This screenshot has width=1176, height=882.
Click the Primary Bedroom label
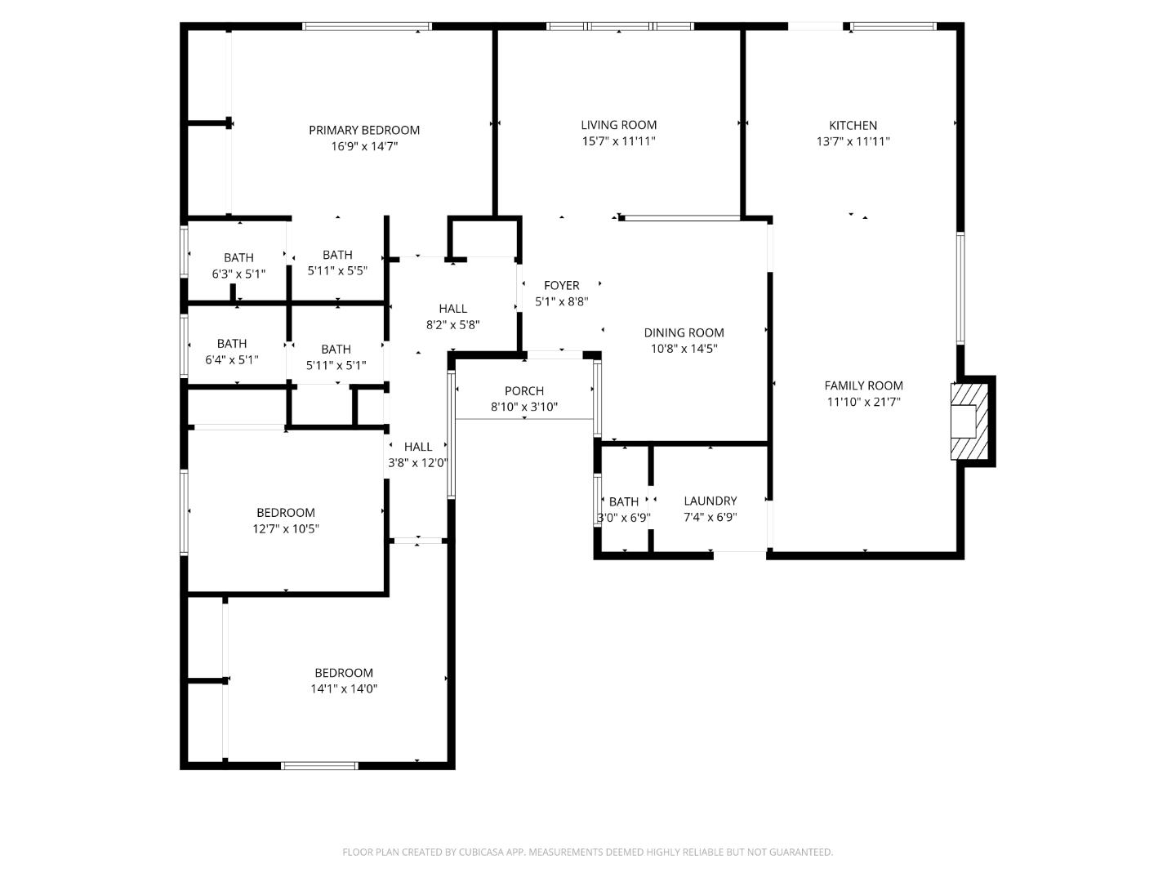pyautogui.click(x=364, y=130)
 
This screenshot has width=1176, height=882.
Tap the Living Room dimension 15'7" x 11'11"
pyautogui.click(x=618, y=141)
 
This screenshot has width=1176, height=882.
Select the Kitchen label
pyautogui.click(x=853, y=125)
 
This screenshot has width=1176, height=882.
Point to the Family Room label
pyautogui.click(x=863, y=385)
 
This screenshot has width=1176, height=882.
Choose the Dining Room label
pyautogui.click(x=684, y=332)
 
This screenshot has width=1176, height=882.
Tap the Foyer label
pyautogui.click(x=561, y=285)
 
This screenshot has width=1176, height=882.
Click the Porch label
pyautogui.click(x=523, y=391)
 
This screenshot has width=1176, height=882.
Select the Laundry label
pyautogui.click(x=710, y=501)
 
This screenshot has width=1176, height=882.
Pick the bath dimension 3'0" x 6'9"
pyautogui.click(x=624, y=518)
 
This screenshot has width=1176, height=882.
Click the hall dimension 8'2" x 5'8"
pyautogui.click(x=452, y=324)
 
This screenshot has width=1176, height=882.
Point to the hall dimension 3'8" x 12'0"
pyautogui.click(x=417, y=463)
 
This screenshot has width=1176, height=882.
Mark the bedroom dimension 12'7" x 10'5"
pyautogui.click(x=285, y=528)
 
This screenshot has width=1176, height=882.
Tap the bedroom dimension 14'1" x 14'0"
pyautogui.click(x=343, y=688)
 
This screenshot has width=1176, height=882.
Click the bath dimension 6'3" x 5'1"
pyautogui.click(x=238, y=274)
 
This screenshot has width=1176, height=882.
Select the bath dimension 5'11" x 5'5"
pyautogui.click(x=337, y=270)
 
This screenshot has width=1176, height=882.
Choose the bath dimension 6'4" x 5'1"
pyautogui.click(x=232, y=359)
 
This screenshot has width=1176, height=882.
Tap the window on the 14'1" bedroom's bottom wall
pyautogui.click(x=319, y=765)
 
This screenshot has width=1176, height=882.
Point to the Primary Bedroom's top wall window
pyautogui.click(x=367, y=27)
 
